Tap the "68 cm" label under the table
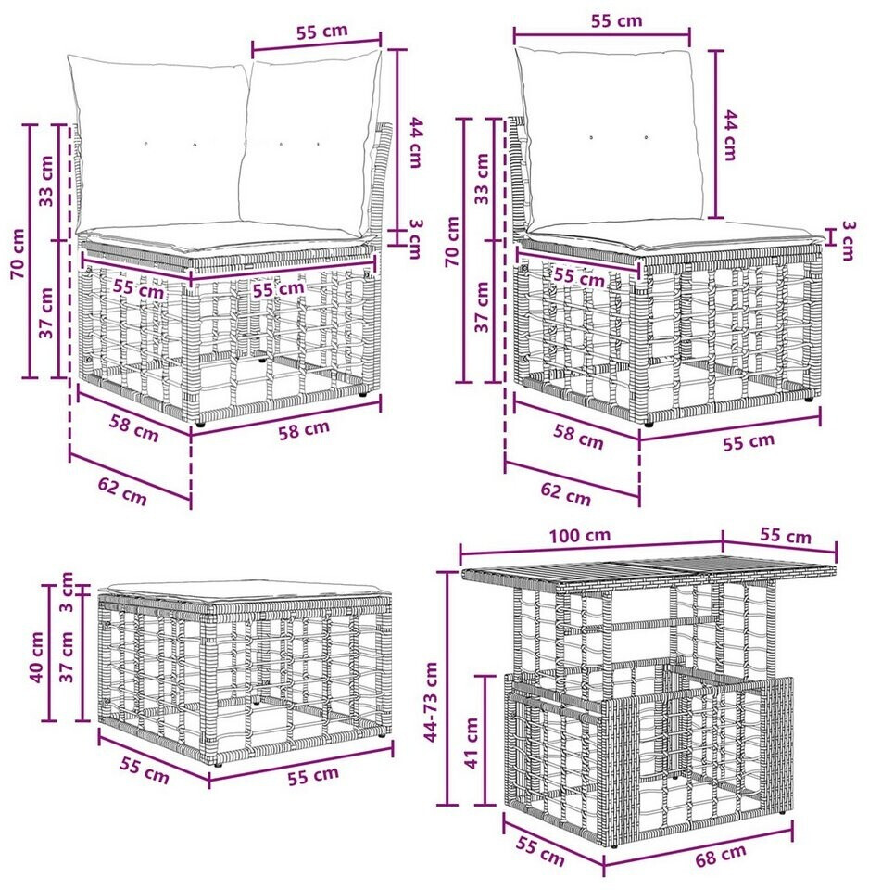pos(721,855)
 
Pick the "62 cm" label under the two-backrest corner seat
pos(122,491)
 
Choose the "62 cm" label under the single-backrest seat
pos(565,493)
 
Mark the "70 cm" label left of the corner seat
pos(19,253)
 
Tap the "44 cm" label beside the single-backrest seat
pos(730,135)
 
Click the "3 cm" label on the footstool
pos(67,592)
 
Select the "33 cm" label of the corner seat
pos(46,180)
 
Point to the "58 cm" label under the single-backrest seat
pos(579,436)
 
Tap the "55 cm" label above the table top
pos(785,536)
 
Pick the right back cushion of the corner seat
pos(309,143)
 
